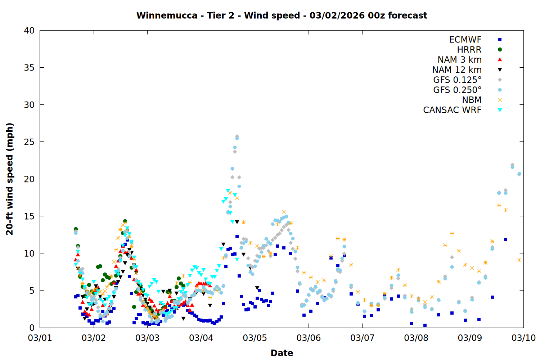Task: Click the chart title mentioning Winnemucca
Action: pyautogui.click(x=282, y=15)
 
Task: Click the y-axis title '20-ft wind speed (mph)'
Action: pyautogui.click(x=10, y=179)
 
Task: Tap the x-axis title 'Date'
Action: pyautogui.click(x=282, y=353)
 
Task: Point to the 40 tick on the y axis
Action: pyautogui.click(x=29, y=31)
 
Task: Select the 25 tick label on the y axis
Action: pyautogui.click(x=29, y=142)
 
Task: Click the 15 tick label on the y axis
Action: pyautogui.click(x=29, y=216)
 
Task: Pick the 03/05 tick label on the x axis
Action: pyautogui.click(x=255, y=338)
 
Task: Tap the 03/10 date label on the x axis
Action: pyautogui.click(x=523, y=338)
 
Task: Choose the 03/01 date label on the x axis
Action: pyautogui.click(x=40, y=338)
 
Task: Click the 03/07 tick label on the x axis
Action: pyautogui.click(x=362, y=338)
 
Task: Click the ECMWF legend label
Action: pyautogui.click(x=465, y=40)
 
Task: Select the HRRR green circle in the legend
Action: pyautogui.click(x=500, y=50)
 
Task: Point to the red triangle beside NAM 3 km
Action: pyautogui.click(x=500, y=60)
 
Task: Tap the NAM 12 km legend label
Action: pyautogui.click(x=457, y=70)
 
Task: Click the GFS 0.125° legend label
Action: pyautogui.click(x=457, y=80)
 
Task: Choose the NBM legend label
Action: pyautogui.click(x=472, y=100)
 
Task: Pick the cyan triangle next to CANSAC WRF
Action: pyautogui.click(x=500, y=110)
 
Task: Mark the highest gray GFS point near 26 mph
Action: pyautogui.click(x=237, y=136)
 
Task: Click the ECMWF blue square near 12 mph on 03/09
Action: pyautogui.click(x=505, y=239)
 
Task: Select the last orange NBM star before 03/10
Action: pyautogui.click(x=519, y=260)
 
